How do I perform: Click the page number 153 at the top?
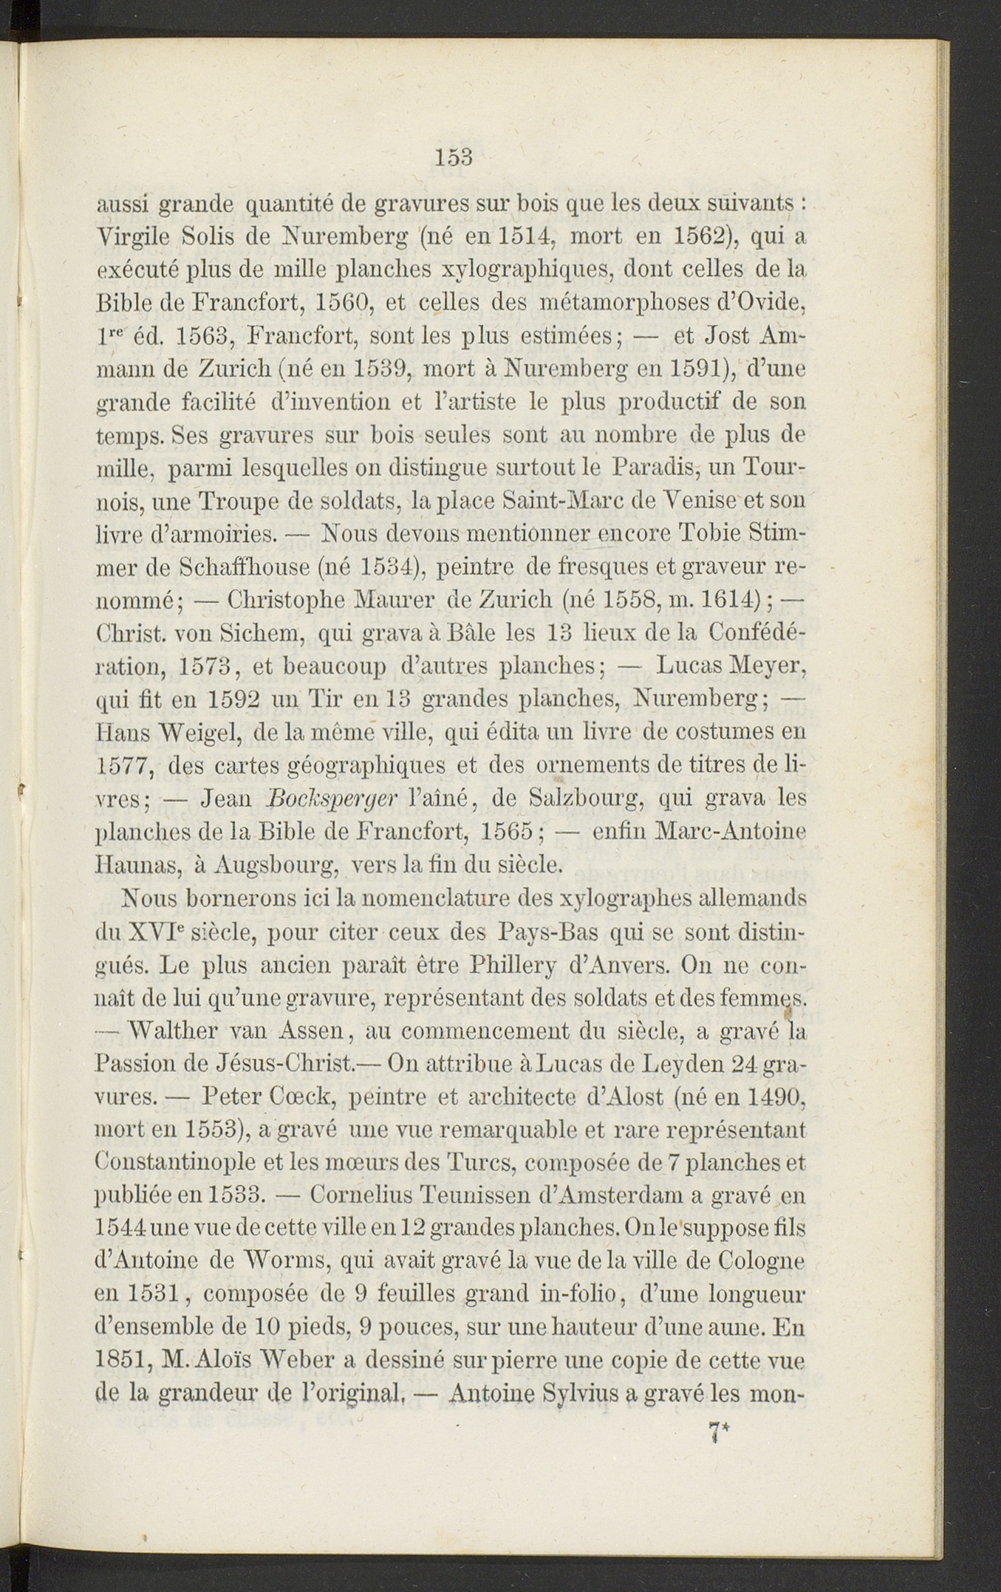(x=454, y=157)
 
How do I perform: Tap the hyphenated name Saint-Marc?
(x=564, y=501)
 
